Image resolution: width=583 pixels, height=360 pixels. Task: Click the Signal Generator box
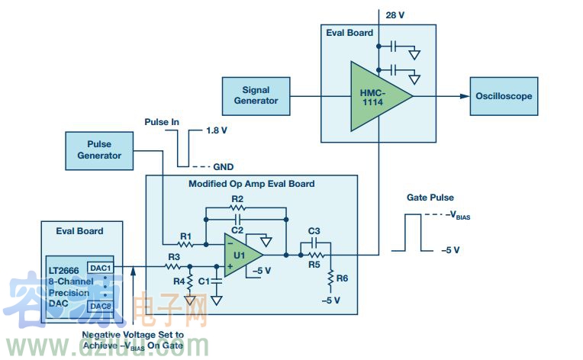[x=256, y=95]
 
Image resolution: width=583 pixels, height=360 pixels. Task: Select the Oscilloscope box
[x=504, y=96]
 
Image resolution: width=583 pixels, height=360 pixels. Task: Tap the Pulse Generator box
[x=99, y=149]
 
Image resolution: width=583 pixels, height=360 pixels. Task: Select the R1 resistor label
[x=185, y=236]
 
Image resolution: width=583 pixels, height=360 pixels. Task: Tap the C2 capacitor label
[x=237, y=229]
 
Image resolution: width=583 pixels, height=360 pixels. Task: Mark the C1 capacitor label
[x=203, y=282]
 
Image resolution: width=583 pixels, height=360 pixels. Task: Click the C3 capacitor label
[x=313, y=231]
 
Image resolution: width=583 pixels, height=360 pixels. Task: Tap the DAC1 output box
[x=100, y=268]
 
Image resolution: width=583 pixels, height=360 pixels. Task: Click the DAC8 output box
[x=100, y=306]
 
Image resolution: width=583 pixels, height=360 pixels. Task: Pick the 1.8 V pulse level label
[x=217, y=130]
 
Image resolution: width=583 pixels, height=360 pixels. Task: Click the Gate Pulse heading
[x=430, y=198]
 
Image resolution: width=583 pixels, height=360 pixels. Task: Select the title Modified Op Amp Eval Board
[x=251, y=184]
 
